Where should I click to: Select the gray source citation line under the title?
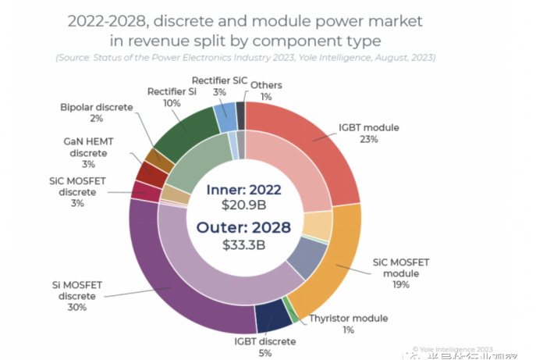245,59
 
